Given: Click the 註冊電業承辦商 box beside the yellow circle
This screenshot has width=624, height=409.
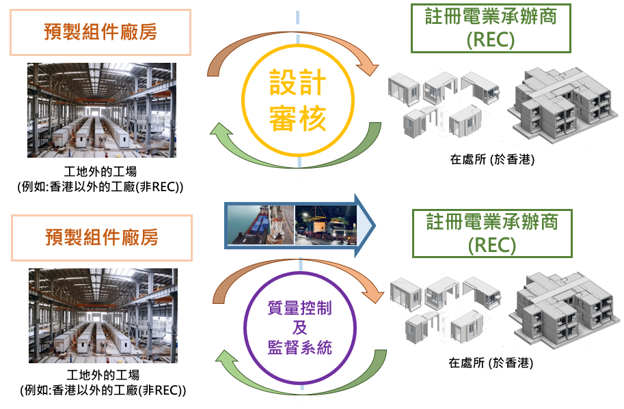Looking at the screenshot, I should (490, 28).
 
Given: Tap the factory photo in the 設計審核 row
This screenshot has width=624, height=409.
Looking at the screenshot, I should (102, 111).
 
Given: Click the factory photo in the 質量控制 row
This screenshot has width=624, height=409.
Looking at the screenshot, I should (102, 315).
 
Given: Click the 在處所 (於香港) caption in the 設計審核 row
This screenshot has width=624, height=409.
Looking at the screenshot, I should (491, 160).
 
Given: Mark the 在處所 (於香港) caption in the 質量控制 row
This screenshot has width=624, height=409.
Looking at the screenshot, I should (491, 363).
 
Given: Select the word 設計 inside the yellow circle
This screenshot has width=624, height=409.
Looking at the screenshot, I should (299, 85).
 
